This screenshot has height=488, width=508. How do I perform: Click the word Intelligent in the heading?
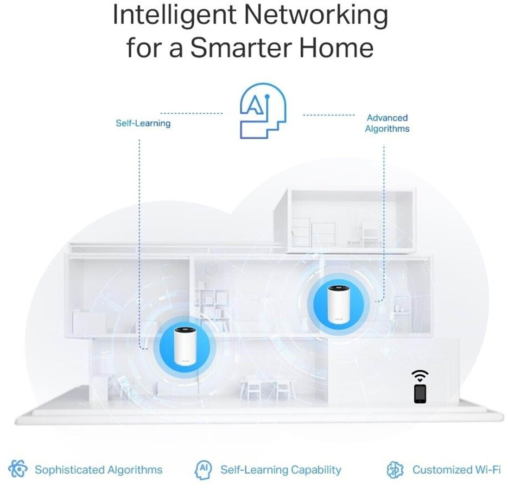pyautogui.click(x=174, y=16)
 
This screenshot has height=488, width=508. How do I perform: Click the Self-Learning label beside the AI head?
pyautogui.click(x=143, y=123)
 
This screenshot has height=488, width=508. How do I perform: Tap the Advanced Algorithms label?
pyautogui.click(x=387, y=123)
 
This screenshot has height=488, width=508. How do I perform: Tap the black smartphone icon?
pyautogui.click(x=420, y=393)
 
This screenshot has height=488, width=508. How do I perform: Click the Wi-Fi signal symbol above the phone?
pyautogui.click(x=420, y=375)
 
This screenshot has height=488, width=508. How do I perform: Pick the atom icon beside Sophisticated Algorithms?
pyautogui.click(x=18, y=469)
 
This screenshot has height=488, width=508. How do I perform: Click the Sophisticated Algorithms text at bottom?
pyautogui.click(x=99, y=470)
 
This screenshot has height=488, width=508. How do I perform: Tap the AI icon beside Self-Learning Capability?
pyautogui.click(x=203, y=469)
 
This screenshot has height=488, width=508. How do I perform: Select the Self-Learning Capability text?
pyautogui.click(x=280, y=470)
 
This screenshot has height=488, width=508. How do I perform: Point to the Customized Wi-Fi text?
pyautogui.click(x=457, y=470)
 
